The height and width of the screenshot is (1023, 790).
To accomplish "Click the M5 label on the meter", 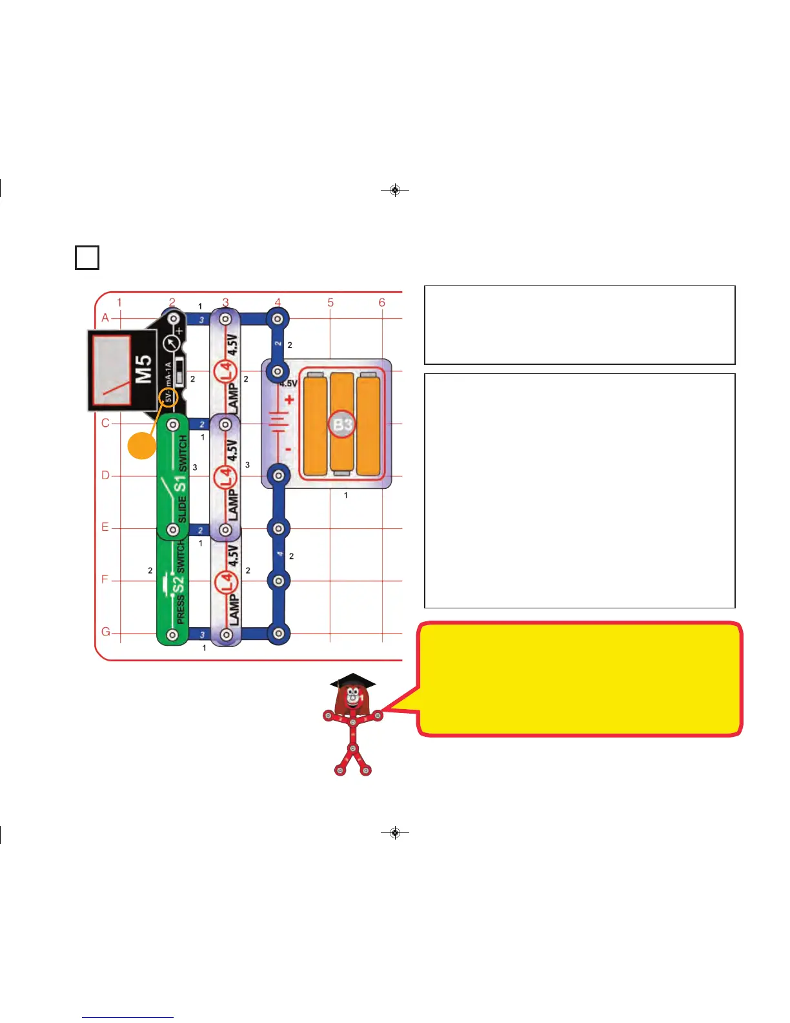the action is pos(144,368).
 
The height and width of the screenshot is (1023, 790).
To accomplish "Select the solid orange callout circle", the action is pos(141,446).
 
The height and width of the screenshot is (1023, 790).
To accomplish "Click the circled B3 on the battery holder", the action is pos(343,424).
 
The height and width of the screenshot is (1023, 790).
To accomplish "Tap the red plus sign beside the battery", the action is pos(289,400).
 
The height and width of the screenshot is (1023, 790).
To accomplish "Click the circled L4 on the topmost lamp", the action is pos(226,371).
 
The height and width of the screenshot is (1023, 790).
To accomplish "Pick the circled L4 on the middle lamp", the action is pos(226,476).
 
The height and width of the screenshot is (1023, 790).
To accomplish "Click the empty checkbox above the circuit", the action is pos(87,257).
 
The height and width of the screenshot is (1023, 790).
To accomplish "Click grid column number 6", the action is pos(382,302).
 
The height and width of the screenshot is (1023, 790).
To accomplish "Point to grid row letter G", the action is pos(105,632).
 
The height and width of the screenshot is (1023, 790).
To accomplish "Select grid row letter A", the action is pos(105,318).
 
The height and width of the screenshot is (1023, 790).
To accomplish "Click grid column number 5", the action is pos(330,302).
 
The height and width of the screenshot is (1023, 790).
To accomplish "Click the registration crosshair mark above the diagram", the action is pos(395,190).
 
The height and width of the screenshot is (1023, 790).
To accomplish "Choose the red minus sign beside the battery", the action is pos(288,449).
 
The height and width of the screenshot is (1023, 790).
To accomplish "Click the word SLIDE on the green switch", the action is pos(181,509).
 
